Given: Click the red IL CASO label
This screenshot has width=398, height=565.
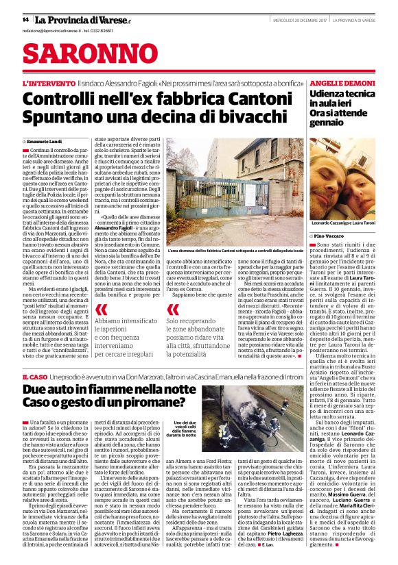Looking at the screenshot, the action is point(35,377).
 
